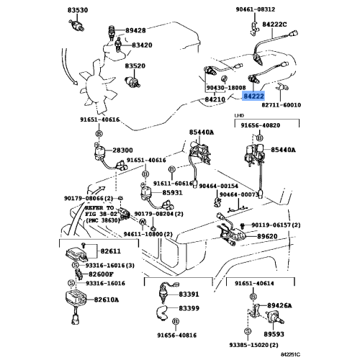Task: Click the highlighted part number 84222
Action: pyautogui.click(x=253, y=96)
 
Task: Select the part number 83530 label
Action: pyautogui.click(x=78, y=10)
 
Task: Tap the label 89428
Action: pyautogui.click(x=135, y=30)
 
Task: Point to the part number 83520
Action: pyautogui.click(x=135, y=66)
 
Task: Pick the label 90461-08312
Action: pyautogui.click(x=255, y=9)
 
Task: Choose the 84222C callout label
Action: pyautogui.click(x=274, y=24)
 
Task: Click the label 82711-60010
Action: pyautogui.click(x=281, y=105)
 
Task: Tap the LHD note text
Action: pyautogui.click(x=239, y=115)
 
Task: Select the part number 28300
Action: pyautogui.click(x=122, y=150)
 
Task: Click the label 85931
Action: pyautogui.click(x=172, y=193)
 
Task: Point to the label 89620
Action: pyautogui.click(x=267, y=236)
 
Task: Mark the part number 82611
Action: pyautogui.click(x=111, y=251)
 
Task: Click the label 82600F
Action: pyautogui.click(x=101, y=274)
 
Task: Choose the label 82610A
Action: pyautogui.click(x=107, y=300)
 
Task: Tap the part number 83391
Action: pyautogui.click(x=189, y=294)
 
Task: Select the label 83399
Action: pyautogui.click(x=189, y=308)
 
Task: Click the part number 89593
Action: pyautogui.click(x=274, y=334)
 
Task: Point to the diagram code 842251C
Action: pyautogui.click(x=291, y=354)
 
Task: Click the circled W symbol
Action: pyautogui.click(x=143, y=222)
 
